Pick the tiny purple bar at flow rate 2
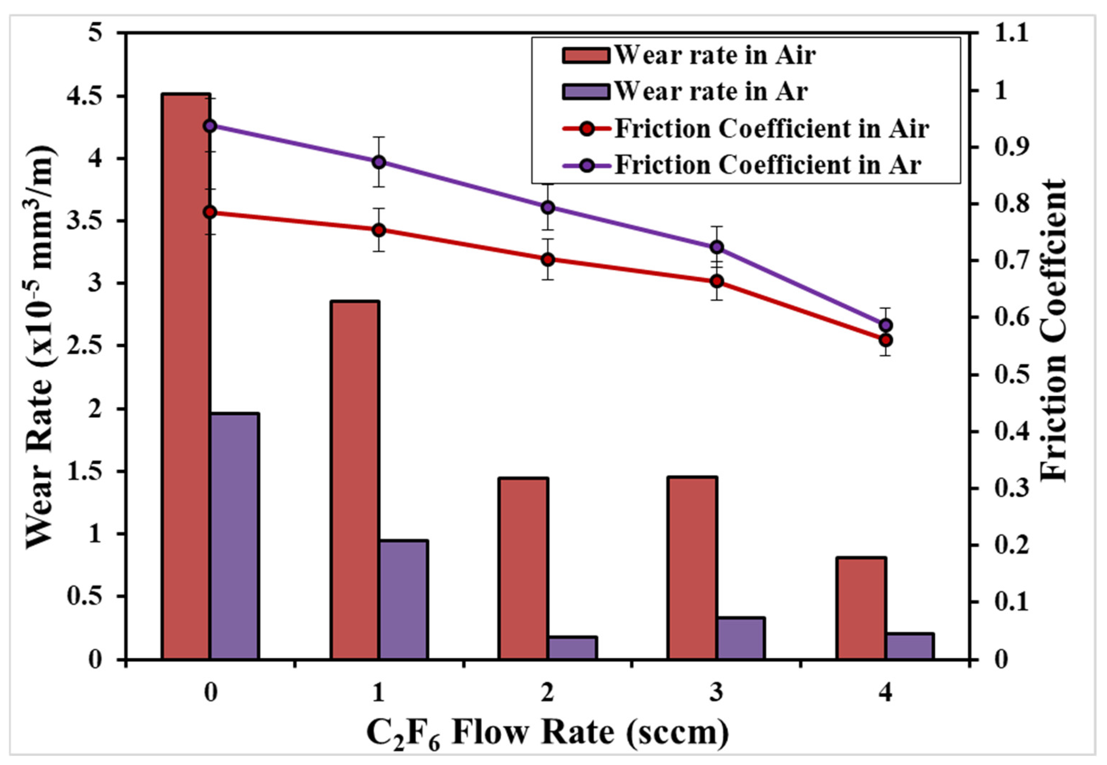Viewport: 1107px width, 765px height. tap(572, 648)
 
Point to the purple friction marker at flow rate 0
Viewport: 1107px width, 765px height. tap(210, 126)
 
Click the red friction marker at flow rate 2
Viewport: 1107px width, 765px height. tap(548, 259)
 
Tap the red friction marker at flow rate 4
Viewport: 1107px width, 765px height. tap(886, 340)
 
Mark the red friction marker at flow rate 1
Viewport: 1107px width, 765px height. tap(379, 230)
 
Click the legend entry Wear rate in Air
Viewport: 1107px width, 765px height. tap(715, 55)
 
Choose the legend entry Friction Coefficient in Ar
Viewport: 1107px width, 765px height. tap(767, 165)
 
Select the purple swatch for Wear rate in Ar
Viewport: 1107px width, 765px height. tap(585, 92)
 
